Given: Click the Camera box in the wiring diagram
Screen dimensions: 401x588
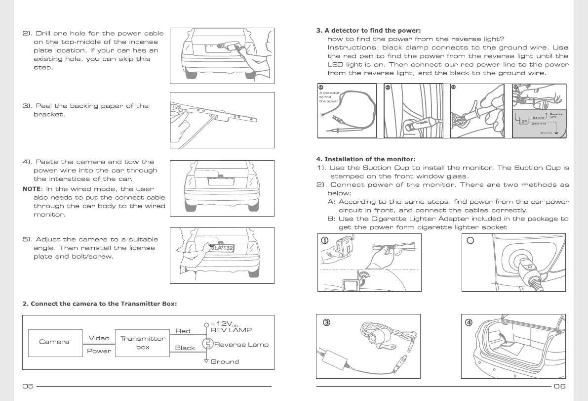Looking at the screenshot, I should click(x=54, y=342).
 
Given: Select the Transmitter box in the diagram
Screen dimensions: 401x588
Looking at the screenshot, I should click(x=136, y=343).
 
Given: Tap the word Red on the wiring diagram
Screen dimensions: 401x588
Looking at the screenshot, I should click(x=183, y=331).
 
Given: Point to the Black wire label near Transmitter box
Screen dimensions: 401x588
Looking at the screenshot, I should click(x=185, y=348).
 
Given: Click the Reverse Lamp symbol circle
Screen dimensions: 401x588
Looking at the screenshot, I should click(x=208, y=344).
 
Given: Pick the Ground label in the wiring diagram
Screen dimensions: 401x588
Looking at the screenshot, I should click(x=225, y=361).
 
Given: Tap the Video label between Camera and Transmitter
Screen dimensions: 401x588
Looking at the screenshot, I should click(x=99, y=338).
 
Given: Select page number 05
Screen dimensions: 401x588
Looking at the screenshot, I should click(x=28, y=386).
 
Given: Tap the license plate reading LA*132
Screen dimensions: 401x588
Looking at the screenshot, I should click(x=221, y=248).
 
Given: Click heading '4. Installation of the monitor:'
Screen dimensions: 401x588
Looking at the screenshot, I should click(x=366, y=159).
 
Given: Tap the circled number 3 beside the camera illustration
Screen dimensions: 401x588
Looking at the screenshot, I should click(x=326, y=323).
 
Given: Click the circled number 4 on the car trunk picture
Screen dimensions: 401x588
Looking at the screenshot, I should click(x=469, y=323).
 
